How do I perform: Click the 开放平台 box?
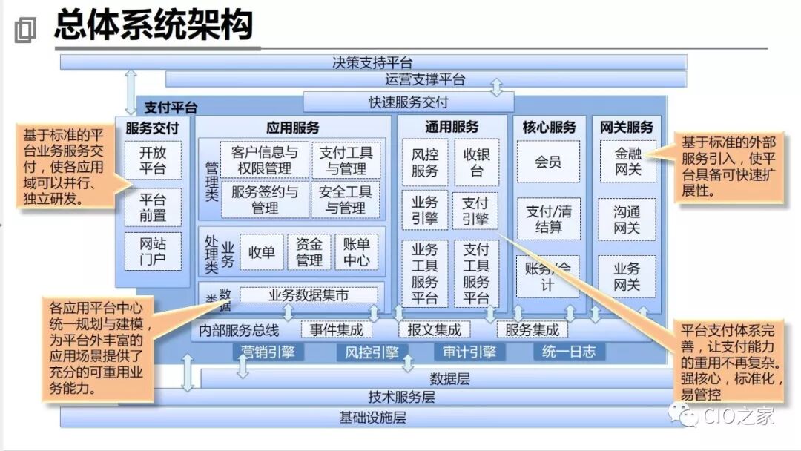tap(152, 160)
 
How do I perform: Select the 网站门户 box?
tap(152, 251)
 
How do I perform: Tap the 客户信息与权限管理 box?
tap(265, 160)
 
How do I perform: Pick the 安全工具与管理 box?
tap(346, 200)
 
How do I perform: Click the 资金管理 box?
tap(309, 251)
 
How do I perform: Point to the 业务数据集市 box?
tap(309, 295)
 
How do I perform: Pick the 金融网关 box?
tap(627, 162)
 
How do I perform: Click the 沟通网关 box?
tap(627, 220)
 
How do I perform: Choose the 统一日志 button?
tap(569, 352)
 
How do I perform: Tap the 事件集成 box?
tap(337, 329)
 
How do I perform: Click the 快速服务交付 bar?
tap(409, 102)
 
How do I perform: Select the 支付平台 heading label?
tap(171, 108)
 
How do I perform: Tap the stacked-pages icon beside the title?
tap(24, 30)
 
